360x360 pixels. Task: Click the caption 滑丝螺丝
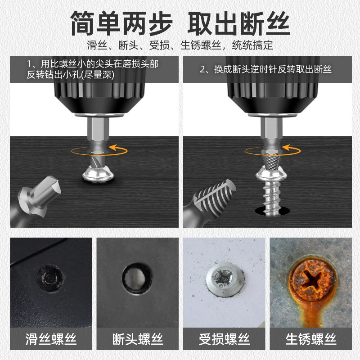point(51,339)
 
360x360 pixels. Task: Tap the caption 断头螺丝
point(138,339)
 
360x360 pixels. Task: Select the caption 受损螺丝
point(224,339)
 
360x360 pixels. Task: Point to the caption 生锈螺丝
point(310,339)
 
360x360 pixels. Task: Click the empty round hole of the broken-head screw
point(137,279)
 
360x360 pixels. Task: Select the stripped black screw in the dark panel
point(50,278)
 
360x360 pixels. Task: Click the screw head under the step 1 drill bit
point(98,175)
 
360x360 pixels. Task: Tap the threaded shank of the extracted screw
point(272,197)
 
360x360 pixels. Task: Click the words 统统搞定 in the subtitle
point(252,45)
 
